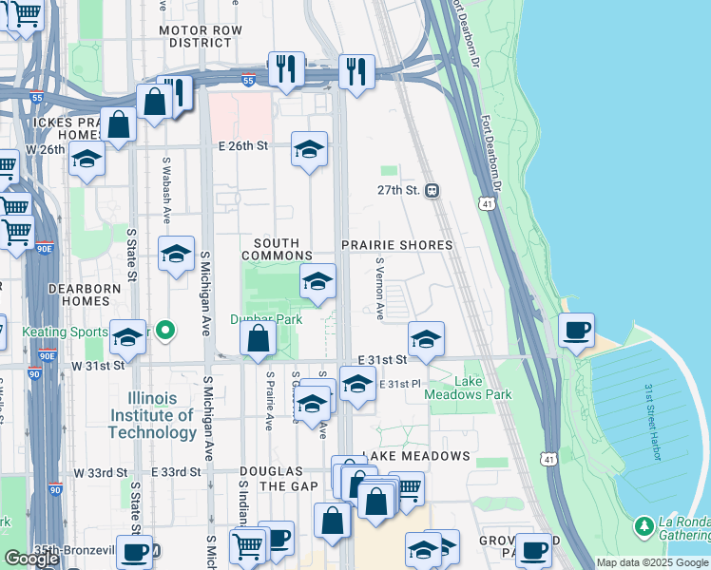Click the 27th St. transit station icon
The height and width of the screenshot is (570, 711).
(432, 190)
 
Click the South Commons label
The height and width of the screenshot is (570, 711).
(277, 250)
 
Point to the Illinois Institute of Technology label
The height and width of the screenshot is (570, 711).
(153, 415)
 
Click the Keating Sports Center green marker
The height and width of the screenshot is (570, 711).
(165, 332)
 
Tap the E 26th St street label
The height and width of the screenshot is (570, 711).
(244, 146)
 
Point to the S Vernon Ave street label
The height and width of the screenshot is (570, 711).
(379, 288)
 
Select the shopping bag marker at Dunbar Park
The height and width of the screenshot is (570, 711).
(259, 339)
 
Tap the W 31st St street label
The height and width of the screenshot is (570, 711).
(101, 365)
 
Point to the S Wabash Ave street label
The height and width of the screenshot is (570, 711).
(167, 190)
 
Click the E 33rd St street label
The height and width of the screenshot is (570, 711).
(177, 472)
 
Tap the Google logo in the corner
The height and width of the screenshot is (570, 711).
(31, 559)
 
